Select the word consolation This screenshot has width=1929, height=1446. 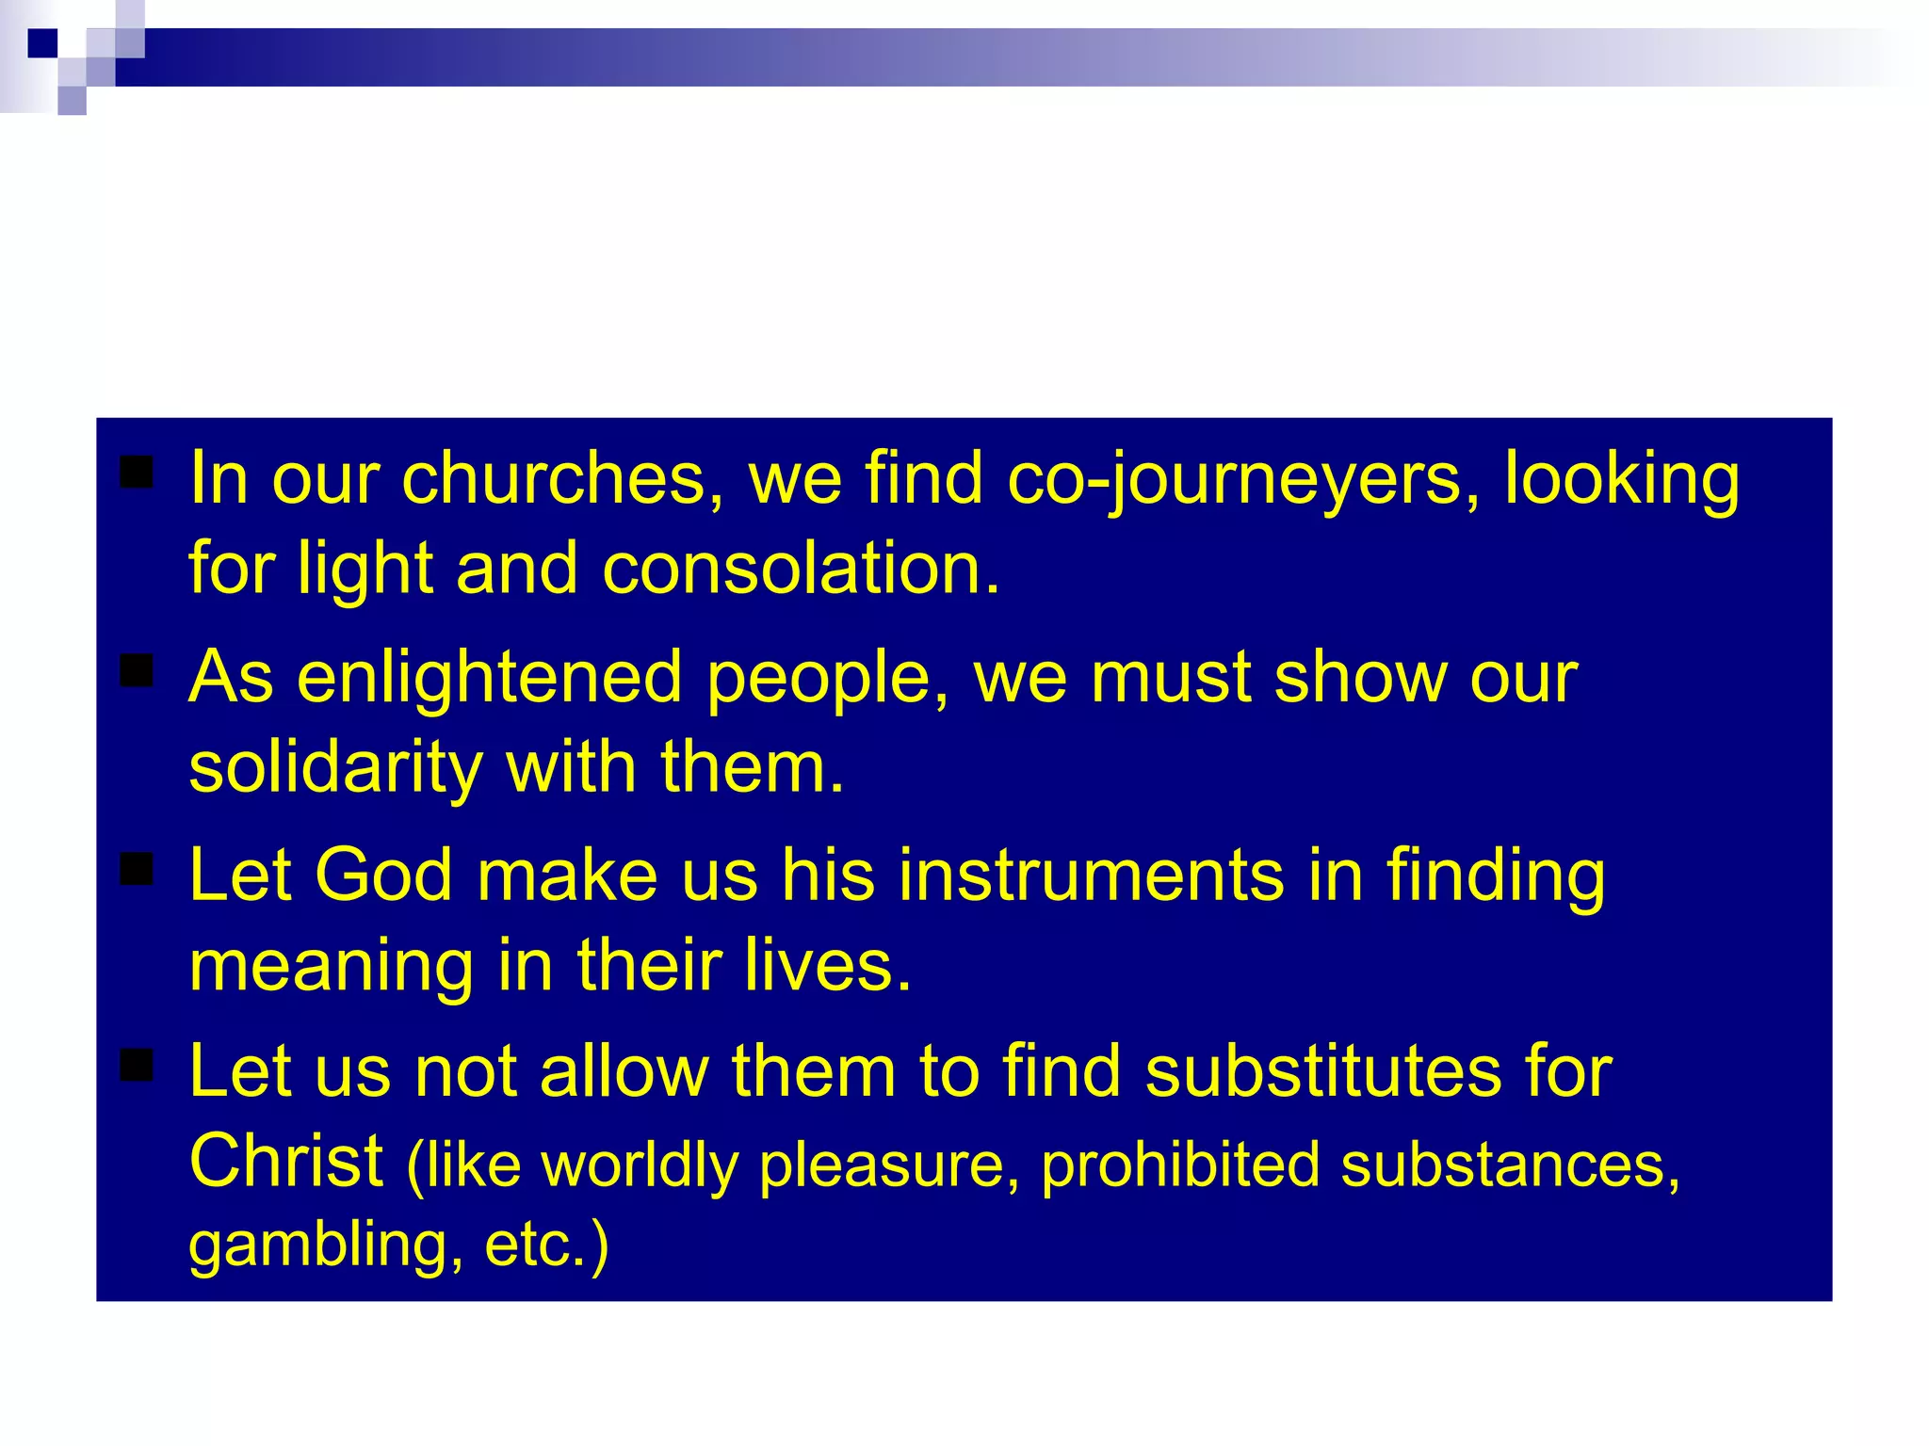coord(800,569)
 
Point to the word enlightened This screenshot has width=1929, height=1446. coord(490,677)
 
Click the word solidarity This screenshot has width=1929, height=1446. coord(335,767)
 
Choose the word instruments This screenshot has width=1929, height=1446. coord(1091,875)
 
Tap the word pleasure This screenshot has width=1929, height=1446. coord(889,1165)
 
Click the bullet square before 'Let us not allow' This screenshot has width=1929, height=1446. coord(138,1066)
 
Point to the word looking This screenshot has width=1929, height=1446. coord(1621,478)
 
